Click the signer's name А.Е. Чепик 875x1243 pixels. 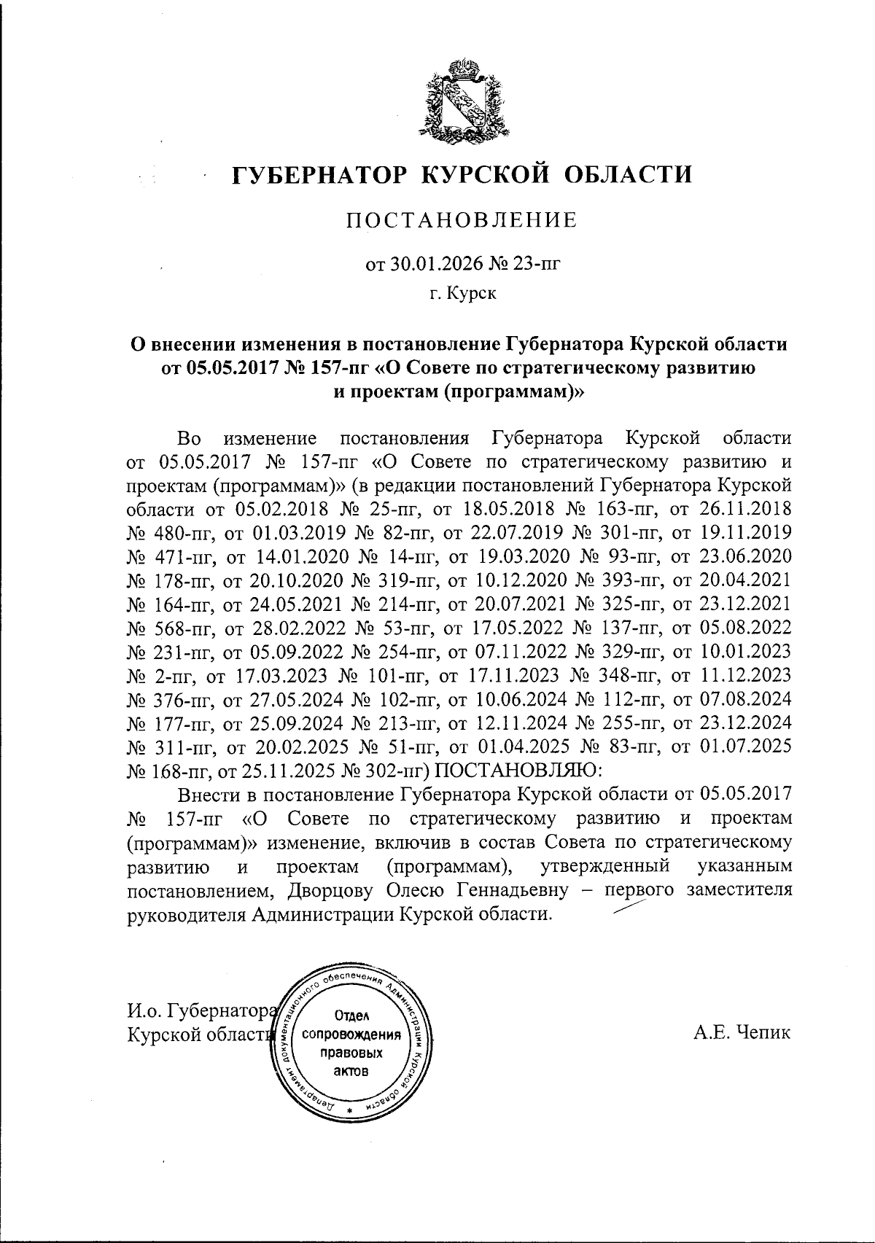742,1032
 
